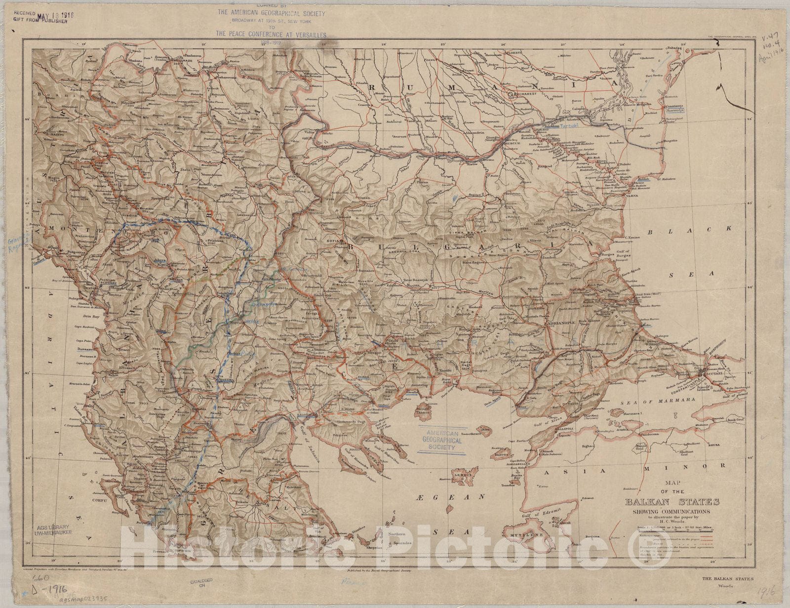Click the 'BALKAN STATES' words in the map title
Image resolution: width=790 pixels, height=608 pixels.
(x=672, y=502)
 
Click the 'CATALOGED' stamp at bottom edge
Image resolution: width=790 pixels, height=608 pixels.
(x=199, y=579)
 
